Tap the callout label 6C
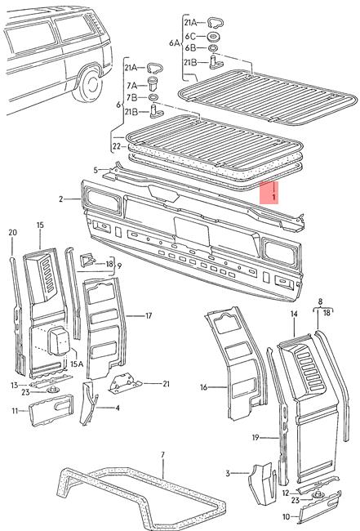coord(188,36)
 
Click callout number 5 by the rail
coord(96,170)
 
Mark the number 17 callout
coord(148,315)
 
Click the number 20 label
coord(12,233)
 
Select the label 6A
coord(173,42)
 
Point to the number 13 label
coord(14,384)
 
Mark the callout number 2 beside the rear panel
coord(60,199)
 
